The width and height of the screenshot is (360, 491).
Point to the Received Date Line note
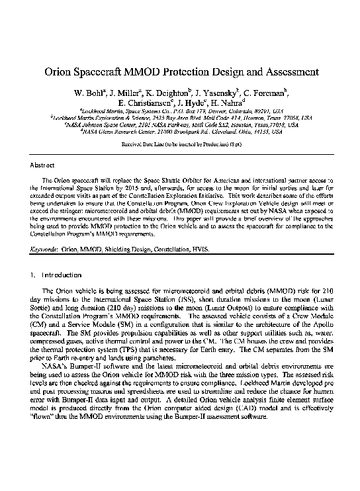tap(179, 144)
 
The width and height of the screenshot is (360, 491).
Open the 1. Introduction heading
tap(57, 274)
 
